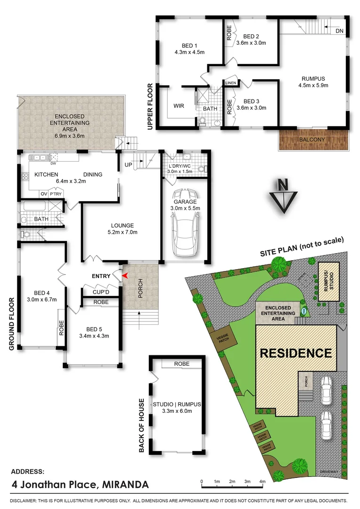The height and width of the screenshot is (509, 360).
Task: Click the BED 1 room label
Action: point(189,45)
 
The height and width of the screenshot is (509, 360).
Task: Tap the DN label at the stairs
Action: point(340,31)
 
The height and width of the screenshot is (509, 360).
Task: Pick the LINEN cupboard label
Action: point(230,83)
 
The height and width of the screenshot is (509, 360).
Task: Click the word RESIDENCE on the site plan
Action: point(296,353)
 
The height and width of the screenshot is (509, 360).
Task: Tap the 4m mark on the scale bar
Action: point(262,481)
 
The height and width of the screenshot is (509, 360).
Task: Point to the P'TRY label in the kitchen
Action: point(56,194)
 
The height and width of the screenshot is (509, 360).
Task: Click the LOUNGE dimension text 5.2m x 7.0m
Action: point(123,232)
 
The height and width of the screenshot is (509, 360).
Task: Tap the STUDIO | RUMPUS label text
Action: point(177,404)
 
